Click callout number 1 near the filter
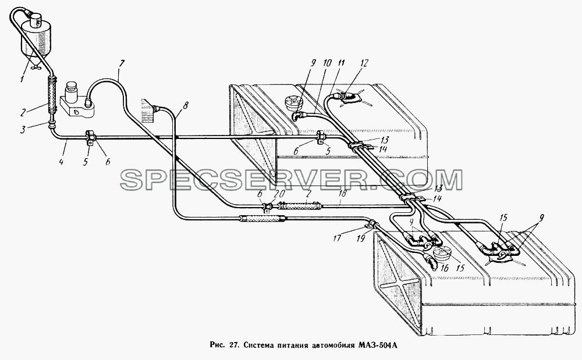click(22, 79)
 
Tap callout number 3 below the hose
click(23, 130)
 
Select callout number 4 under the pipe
click(61, 162)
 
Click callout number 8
click(185, 105)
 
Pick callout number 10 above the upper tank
click(327, 63)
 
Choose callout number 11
click(340, 63)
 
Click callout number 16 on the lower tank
click(445, 268)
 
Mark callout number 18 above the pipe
click(343, 193)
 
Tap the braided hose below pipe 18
click(262, 219)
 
